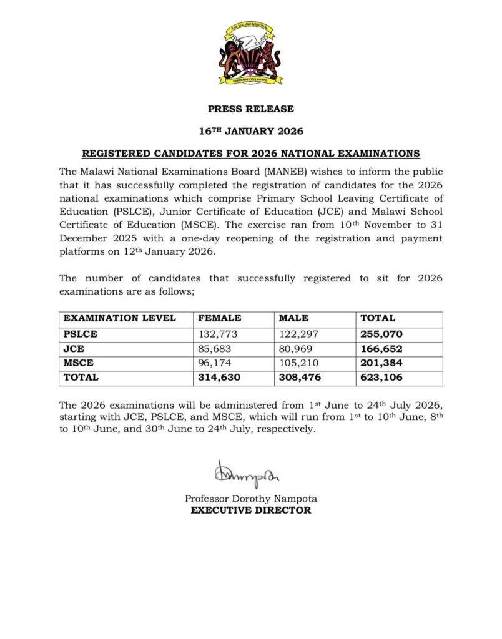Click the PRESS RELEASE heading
(x=250, y=109)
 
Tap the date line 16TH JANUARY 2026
(x=250, y=131)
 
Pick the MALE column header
(x=293, y=318)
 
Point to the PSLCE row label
(x=81, y=334)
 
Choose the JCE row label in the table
(x=73, y=348)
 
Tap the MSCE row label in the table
(x=77, y=363)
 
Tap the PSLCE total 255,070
(x=381, y=334)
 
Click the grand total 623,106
(x=381, y=378)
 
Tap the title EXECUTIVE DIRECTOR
(x=250, y=510)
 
